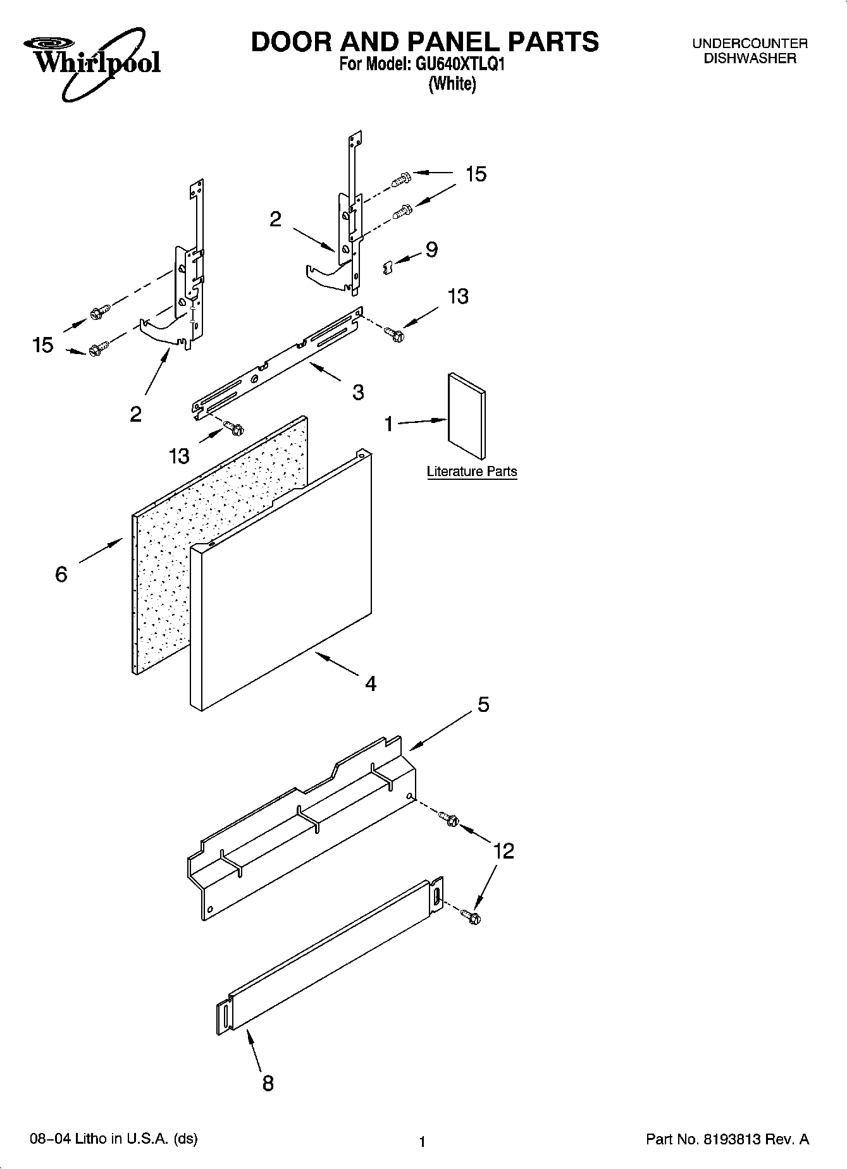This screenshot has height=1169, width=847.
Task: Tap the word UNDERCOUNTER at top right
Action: (x=750, y=44)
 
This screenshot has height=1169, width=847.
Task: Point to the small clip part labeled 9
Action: (x=388, y=268)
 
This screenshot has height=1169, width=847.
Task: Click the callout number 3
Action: (x=358, y=392)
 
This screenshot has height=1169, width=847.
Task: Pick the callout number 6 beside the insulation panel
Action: (x=61, y=574)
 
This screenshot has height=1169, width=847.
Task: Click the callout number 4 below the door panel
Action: (x=371, y=683)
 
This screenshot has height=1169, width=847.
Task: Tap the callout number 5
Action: (x=483, y=704)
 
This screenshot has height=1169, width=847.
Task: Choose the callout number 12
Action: (x=504, y=851)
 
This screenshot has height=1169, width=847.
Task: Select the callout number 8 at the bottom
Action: (x=268, y=1083)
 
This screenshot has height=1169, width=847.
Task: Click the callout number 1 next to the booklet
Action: (x=389, y=423)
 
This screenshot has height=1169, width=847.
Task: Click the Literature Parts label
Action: (x=472, y=471)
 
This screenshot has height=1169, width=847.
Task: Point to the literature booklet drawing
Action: (x=467, y=415)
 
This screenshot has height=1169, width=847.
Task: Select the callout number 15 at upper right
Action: (x=476, y=174)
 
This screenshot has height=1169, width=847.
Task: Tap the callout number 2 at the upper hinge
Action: (x=275, y=219)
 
